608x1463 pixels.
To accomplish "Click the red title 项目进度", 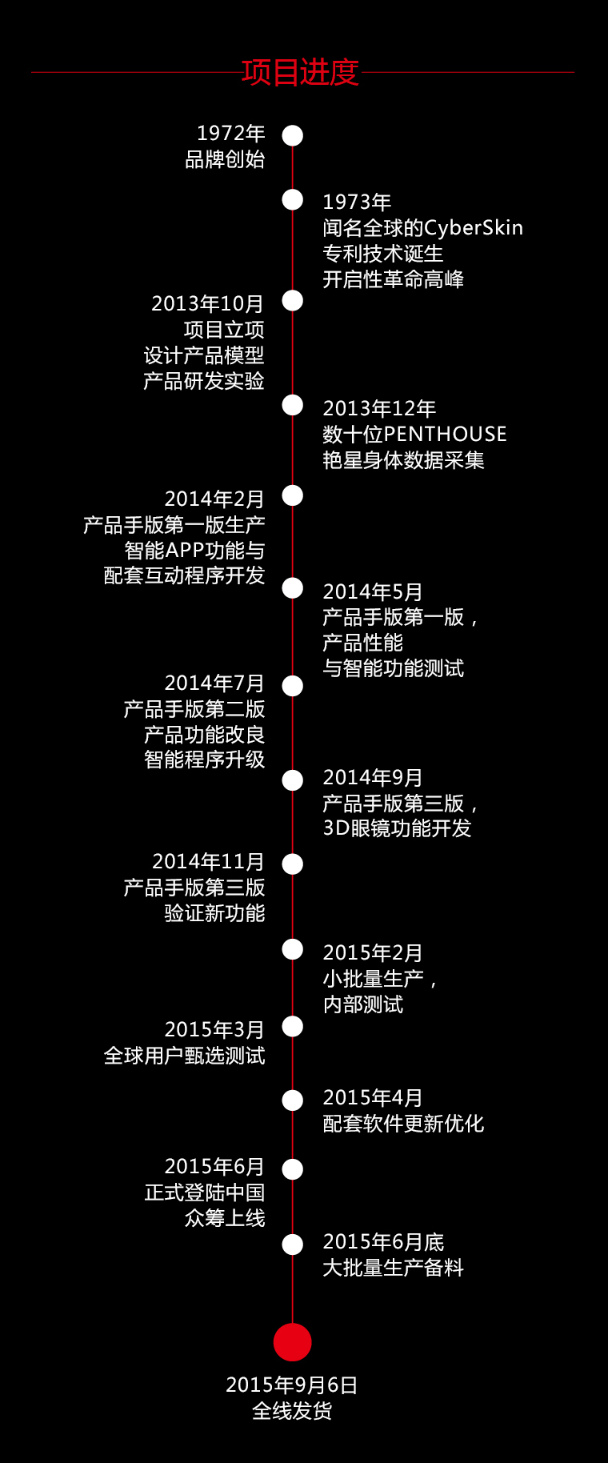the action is [x=300, y=72].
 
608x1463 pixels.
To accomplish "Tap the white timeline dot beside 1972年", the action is [x=293, y=135].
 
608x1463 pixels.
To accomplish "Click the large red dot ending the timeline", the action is [x=293, y=1342].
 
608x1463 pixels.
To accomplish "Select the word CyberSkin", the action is [x=473, y=228].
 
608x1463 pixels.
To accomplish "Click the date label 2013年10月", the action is [x=207, y=304].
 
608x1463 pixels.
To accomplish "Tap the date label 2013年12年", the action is [x=379, y=409].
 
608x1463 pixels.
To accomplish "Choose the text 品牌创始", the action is [x=225, y=159].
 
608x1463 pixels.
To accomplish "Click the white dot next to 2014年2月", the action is [x=293, y=496].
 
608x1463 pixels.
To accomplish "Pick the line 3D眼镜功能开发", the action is [x=397, y=828].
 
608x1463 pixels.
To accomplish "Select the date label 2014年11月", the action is [x=208, y=862].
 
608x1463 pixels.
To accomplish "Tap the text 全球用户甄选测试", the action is [x=184, y=1056].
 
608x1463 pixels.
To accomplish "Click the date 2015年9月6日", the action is [x=292, y=1385].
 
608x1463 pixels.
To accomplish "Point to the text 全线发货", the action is [x=292, y=1411].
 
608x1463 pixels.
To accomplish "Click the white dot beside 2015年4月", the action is [x=293, y=1100].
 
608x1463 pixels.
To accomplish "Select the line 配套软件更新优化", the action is [x=403, y=1124].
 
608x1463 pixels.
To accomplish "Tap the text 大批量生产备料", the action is [x=393, y=1268].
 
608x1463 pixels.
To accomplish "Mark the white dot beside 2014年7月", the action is [x=293, y=686].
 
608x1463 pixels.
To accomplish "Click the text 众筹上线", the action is [x=225, y=1218].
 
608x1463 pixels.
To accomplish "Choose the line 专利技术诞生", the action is [x=382, y=254].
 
